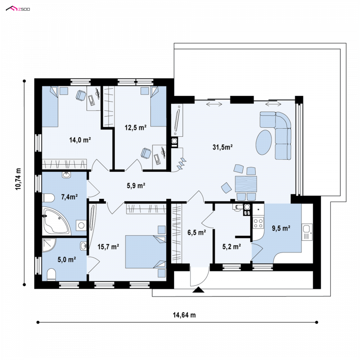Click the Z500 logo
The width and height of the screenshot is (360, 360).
[x=18, y=9]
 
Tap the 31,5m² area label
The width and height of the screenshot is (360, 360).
[x=222, y=147]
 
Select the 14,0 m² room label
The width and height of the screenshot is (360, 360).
[x=80, y=139]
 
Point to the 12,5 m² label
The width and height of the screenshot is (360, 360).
[x=135, y=127]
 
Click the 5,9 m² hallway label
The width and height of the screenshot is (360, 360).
[x=136, y=185]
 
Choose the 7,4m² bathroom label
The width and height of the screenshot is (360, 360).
[x=69, y=197]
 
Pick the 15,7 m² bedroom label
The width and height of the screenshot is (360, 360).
[x=108, y=247]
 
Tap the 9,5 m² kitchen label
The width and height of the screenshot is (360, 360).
[x=281, y=228]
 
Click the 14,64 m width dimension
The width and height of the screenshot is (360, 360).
[x=184, y=315]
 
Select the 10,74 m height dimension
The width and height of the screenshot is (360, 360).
[x=18, y=179]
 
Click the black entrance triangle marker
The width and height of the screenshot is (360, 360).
[x=198, y=290]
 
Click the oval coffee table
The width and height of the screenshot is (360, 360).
[x=264, y=142]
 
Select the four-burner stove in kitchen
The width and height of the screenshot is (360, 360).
[x=258, y=223]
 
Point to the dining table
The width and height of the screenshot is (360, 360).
[x=246, y=184]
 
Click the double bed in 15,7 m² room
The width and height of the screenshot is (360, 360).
[x=145, y=252]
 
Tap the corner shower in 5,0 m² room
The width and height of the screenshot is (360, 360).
[x=49, y=245]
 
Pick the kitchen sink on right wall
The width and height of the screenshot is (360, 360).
[x=307, y=232]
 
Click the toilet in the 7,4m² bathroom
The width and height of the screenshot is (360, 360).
[x=48, y=198]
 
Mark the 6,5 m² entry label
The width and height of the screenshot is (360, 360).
[x=197, y=233]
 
